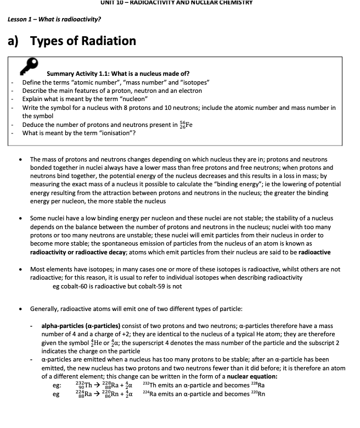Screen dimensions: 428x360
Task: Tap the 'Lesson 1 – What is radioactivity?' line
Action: click(x=54, y=19)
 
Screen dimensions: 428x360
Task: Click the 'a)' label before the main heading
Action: click(x=14, y=41)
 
